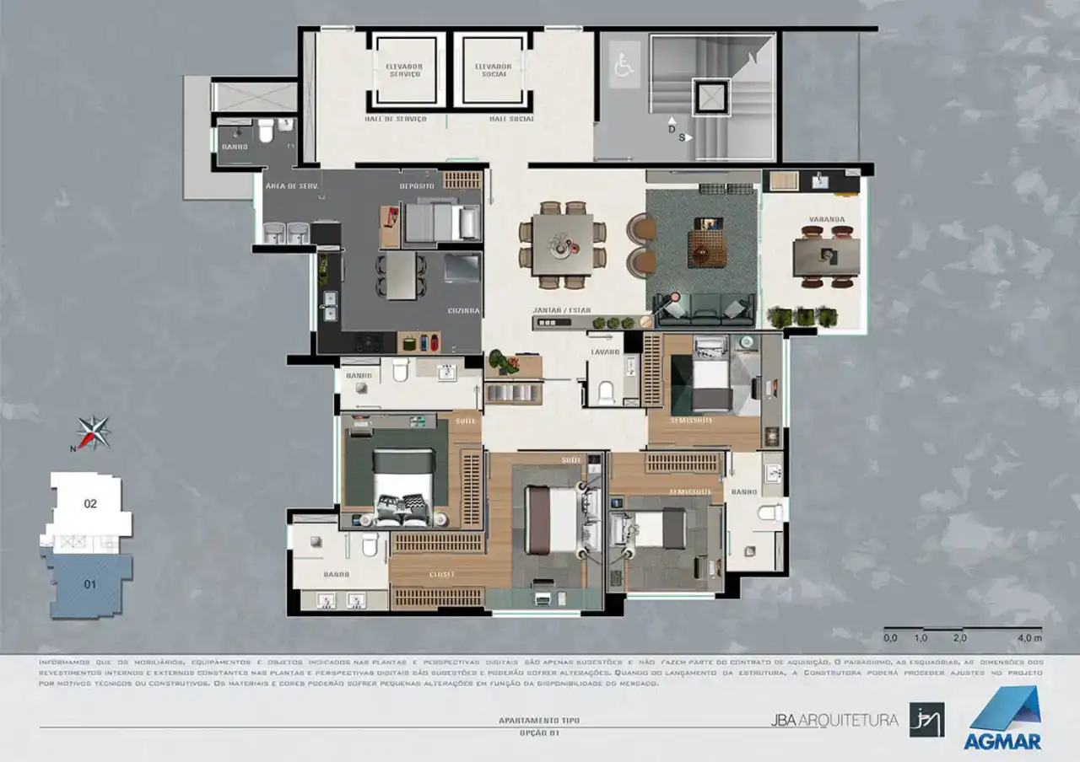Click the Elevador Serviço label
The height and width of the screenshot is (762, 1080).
(403, 70)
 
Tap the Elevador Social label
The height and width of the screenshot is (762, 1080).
(493, 70)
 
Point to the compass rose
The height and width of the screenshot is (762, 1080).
(93, 432)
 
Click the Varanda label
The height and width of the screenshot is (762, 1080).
(826, 219)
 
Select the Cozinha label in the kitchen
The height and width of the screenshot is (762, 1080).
(464, 310)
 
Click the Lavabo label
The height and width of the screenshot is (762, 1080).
(605, 351)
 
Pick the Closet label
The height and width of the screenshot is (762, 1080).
(441, 574)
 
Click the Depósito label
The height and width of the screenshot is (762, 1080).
(417, 185)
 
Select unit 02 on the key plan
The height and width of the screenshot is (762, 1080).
(90, 504)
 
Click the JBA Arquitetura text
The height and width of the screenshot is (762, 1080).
(834, 720)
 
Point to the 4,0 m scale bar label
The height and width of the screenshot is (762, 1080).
(1030, 638)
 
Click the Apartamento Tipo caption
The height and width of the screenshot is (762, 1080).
(539, 721)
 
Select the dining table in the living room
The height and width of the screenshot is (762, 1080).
(562, 245)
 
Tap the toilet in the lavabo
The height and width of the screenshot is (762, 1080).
(606, 393)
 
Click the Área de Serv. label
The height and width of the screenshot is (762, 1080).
(290, 185)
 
